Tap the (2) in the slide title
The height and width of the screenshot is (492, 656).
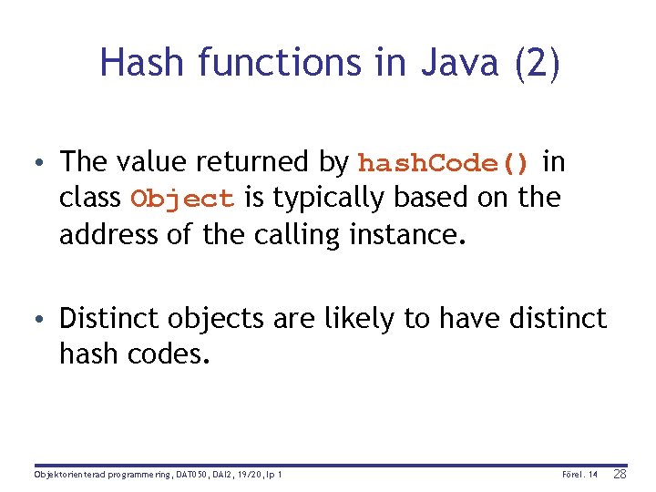(538, 62)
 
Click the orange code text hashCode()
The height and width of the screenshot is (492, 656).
(444, 163)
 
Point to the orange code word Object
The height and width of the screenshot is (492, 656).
(183, 199)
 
